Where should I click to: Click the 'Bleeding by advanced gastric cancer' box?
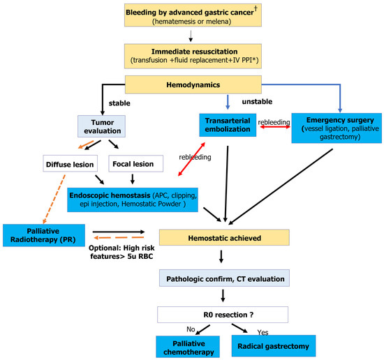(x=193, y=15)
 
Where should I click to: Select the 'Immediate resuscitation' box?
(x=193, y=56)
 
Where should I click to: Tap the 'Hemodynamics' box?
(x=193, y=84)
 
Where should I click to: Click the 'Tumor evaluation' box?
(x=102, y=126)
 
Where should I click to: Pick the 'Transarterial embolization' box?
(x=228, y=125)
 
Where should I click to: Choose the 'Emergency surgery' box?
(x=337, y=128)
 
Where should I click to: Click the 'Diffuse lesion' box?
(x=70, y=163)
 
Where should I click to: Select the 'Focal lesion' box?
(x=136, y=163)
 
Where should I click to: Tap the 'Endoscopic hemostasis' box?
(x=133, y=200)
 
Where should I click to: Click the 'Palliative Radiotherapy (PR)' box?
(x=44, y=235)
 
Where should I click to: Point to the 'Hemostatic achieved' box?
(x=224, y=237)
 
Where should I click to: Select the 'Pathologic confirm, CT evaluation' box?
(x=224, y=278)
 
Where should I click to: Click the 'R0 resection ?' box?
(x=223, y=315)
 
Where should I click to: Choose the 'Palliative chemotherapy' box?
(x=188, y=347)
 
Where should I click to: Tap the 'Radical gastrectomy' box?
(x=274, y=346)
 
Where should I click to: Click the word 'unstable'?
(x=257, y=102)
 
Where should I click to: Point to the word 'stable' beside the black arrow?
(x=119, y=103)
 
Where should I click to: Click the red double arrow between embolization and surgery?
(x=275, y=127)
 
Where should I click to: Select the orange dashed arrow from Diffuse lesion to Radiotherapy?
(x=54, y=199)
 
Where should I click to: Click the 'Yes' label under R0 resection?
(x=263, y=332)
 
